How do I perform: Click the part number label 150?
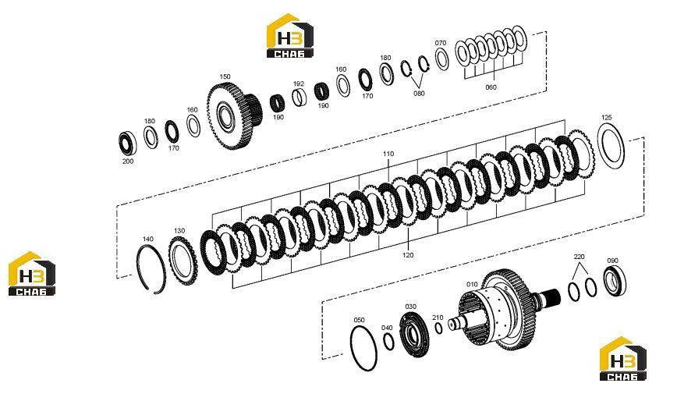coord(225,77)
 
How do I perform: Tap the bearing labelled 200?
coord(128,143)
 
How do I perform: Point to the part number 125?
coord(606,118)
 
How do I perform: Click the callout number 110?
coord(388,154)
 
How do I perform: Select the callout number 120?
coord(408,255)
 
